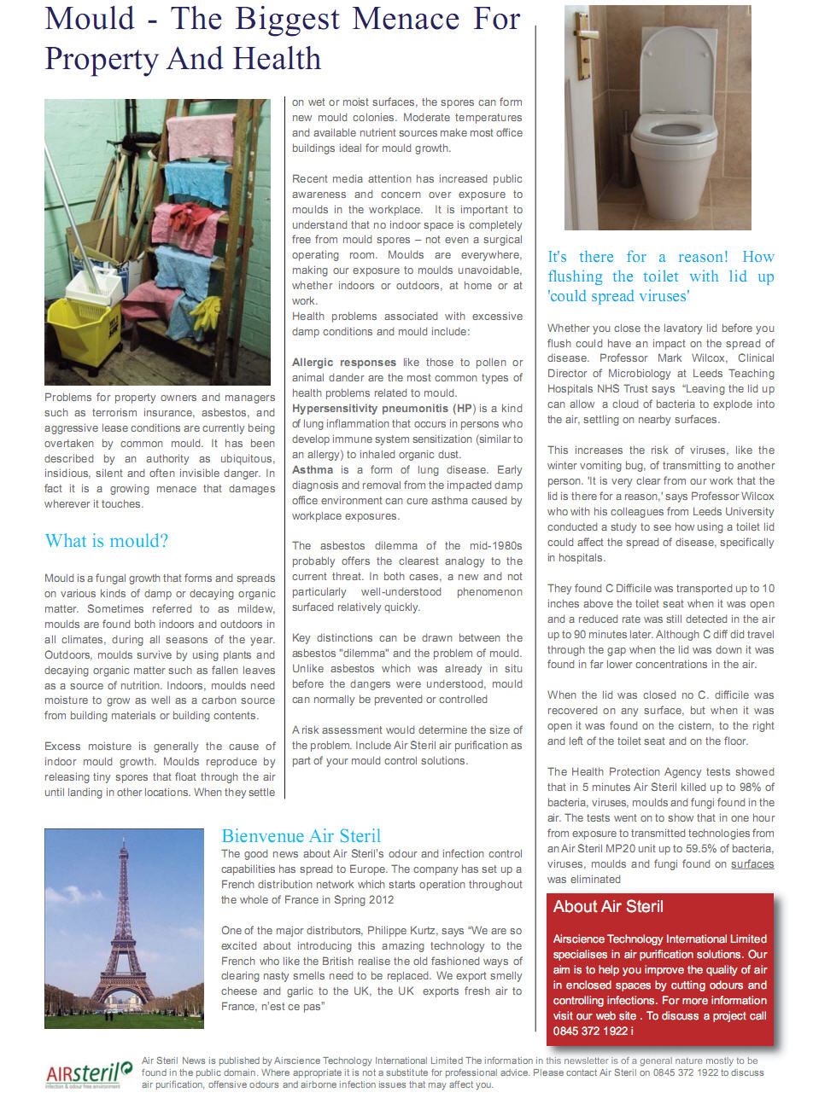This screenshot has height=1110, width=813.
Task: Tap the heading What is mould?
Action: point(107,541)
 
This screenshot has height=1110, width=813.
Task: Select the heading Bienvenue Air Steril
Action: point(301,836)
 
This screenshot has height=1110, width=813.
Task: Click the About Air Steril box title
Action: point(608,907)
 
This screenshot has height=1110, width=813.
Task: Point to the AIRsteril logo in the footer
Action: point(89,1072)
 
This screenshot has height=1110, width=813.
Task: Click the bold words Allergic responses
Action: point(344,363)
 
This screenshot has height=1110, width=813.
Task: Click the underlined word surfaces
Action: point(752,864)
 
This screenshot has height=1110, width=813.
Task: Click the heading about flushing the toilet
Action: point(660,276)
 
